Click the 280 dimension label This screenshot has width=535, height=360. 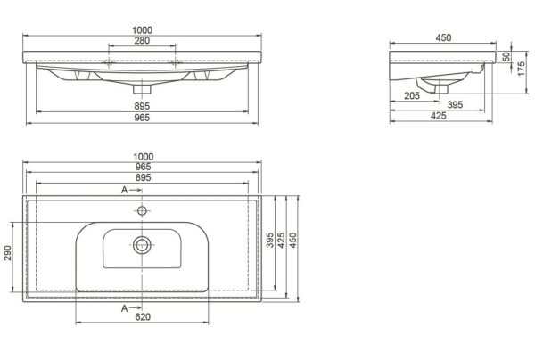click(142, 41)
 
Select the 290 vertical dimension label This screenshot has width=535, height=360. click(7, 252)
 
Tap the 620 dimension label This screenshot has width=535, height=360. click(143, 316)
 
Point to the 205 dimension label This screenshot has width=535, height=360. click(412, 96)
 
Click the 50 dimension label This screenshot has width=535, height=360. click(506, 57)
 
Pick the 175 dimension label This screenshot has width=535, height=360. click(521, 69)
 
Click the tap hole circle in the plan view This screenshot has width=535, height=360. click(142, 210)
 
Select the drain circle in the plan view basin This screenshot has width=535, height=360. click(142, 245)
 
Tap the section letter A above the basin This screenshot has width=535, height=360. click(124, 190)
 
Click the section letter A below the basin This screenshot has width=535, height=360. click(124, 308)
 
